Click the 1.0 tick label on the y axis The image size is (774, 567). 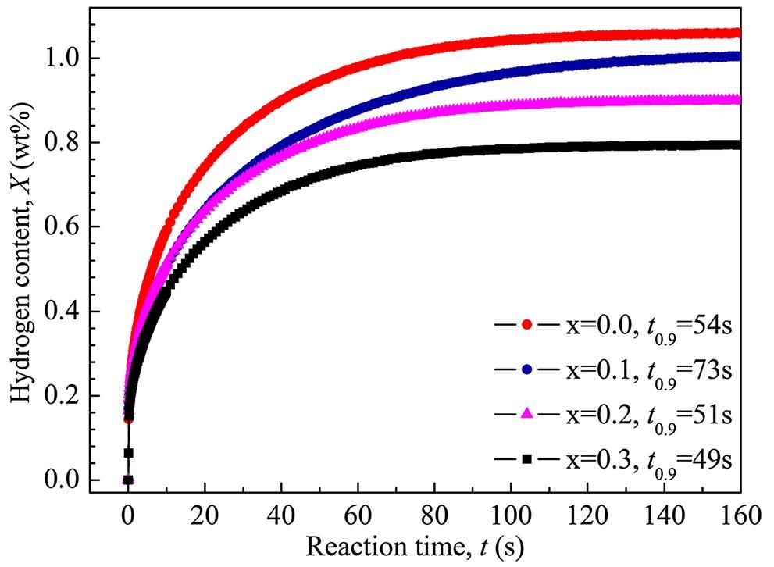[66, 59]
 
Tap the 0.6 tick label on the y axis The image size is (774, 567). [66, 227]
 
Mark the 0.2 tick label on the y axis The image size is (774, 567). [66, 396]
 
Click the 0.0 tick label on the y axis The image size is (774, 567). [66, 480]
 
